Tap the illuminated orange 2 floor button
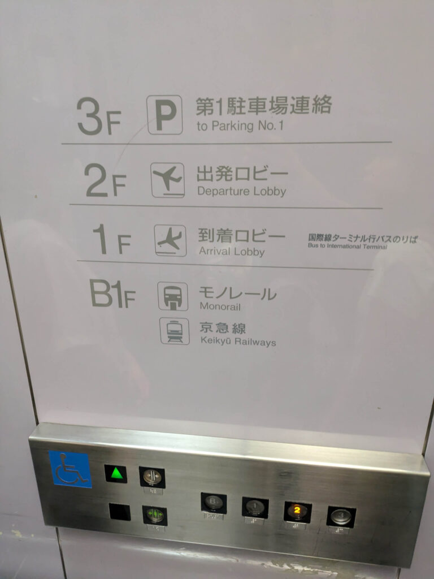point(297,511)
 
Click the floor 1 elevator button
point(255,507)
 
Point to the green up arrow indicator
point(116,473)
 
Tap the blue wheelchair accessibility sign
point(71,469)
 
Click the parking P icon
point(164,114)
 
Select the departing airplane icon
point(168,180)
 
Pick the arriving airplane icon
point(170,240)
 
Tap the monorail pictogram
point(173,296)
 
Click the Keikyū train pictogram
point(175,331)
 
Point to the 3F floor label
point(99,116)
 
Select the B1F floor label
point(112,293)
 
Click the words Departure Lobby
point(242,191)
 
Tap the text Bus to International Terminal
point(348,246)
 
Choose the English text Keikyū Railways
point(238,341)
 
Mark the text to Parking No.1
point(240,126)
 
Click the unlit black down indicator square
point(120,512)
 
